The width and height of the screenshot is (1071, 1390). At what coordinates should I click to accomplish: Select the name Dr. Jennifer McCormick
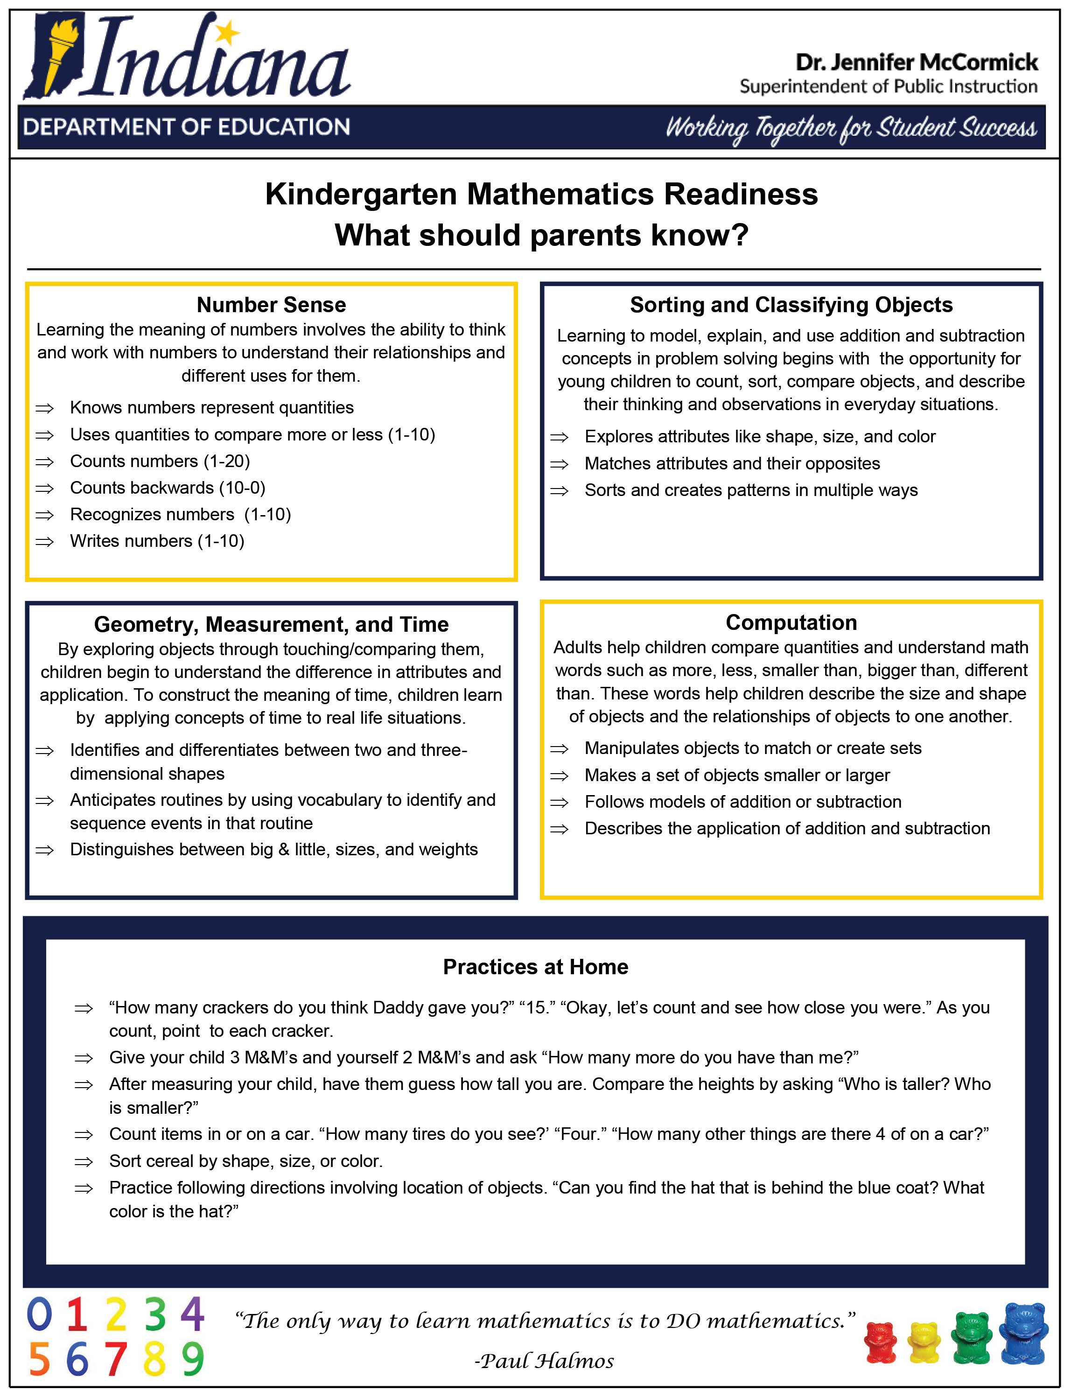click(917, 63)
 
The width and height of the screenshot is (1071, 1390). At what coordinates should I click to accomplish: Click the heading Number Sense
click(271, 305)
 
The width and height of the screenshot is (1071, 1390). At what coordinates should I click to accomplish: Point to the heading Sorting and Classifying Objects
click(791, 305)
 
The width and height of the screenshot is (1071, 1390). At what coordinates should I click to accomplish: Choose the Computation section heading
click(791, 622)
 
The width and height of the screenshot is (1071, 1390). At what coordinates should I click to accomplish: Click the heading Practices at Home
click(535, 967)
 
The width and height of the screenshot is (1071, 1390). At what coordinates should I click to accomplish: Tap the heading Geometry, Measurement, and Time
click(271, 624)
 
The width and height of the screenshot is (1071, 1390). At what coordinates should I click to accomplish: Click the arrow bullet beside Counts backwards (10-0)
click(44, 488)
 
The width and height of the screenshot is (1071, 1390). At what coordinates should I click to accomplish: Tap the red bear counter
click(881, 1343)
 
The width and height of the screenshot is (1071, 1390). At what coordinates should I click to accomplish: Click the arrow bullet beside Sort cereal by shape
click(84, 1161)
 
